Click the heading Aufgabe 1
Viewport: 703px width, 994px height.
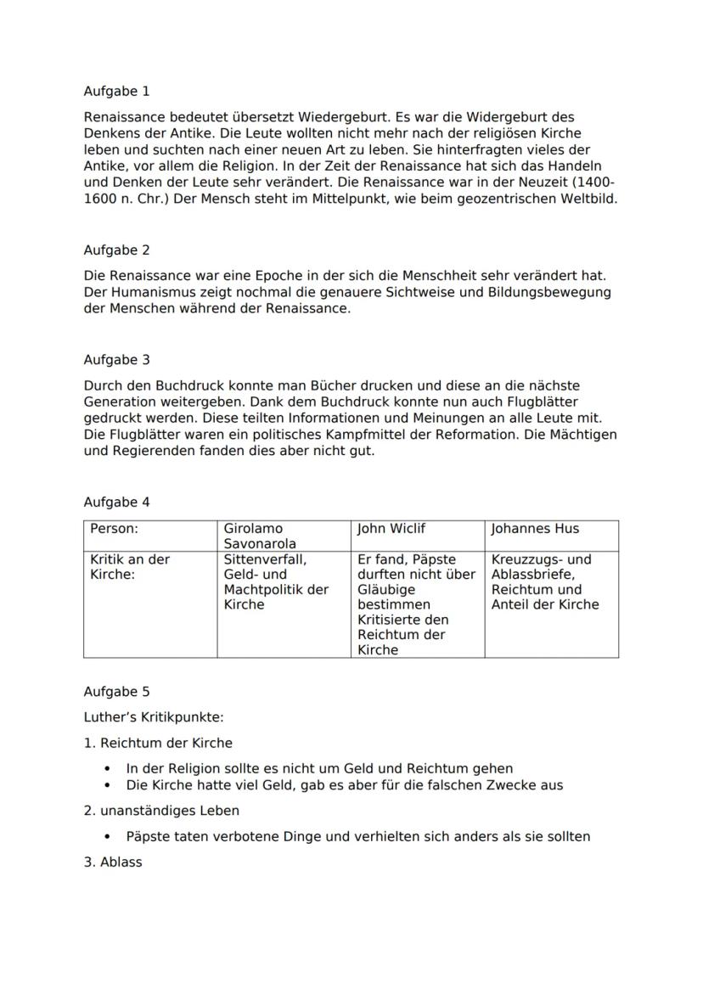tap(116, 91)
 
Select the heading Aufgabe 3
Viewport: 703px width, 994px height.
tap(116, 360)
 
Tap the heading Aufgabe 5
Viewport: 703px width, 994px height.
tap(116, 692)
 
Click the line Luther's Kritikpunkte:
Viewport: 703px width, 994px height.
tap(154, 717)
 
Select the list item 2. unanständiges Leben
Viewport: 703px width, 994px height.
tap(161, 811)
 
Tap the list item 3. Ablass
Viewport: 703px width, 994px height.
tap(113, 862)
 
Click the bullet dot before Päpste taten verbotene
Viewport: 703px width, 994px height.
tap(107, 837)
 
